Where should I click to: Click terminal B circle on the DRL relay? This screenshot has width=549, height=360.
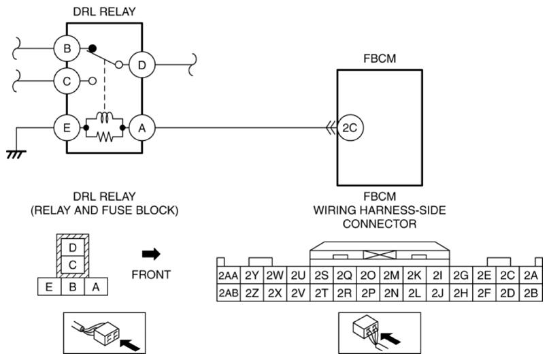tap(67, 49)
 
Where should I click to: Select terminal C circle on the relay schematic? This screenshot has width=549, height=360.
tap(67, 80)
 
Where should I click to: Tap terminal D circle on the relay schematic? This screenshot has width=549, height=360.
tap(141, 65)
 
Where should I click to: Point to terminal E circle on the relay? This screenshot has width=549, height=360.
tap(67, 127)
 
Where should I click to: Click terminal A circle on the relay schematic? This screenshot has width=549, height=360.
tap(141, 127)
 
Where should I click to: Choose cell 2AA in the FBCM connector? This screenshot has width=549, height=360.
tap(227, 275)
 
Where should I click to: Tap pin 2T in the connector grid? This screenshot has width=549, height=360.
tap(321, 293)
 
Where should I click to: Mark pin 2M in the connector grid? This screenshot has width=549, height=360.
tap(390, 275)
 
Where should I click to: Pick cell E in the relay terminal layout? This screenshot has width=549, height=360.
tap(49, 287)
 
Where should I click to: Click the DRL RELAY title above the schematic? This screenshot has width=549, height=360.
tap(103, 10)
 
